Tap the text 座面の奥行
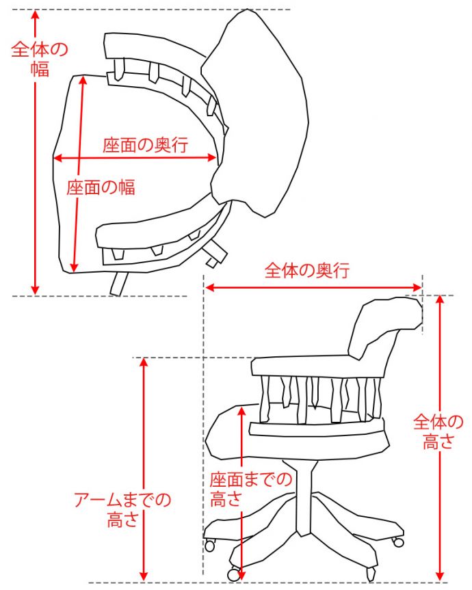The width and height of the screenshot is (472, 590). (146, 145)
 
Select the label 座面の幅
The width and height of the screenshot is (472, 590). (101, 187)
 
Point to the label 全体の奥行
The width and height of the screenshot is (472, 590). (307, 270)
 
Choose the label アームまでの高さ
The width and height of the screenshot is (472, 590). (122, 509)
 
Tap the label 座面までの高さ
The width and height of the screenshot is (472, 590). (250, 488)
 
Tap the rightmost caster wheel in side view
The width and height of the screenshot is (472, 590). (397, 541)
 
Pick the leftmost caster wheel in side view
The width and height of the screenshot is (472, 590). (209, 545)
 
